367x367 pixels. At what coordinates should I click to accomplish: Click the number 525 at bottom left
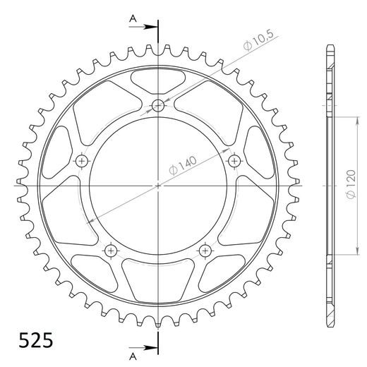tap(32, 341)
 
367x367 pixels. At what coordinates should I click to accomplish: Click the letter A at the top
tap(132, 20)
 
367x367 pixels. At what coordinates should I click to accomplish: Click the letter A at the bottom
tap(132, 354)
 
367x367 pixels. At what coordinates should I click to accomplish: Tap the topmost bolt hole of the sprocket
tap(157, 107)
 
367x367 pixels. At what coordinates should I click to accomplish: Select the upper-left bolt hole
tap(83, 162)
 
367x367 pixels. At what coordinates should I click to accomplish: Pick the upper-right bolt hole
tap(233, 162)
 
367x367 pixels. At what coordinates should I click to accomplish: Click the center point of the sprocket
tap(157, 186)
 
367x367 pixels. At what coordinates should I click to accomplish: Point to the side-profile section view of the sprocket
tap(329, 186)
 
